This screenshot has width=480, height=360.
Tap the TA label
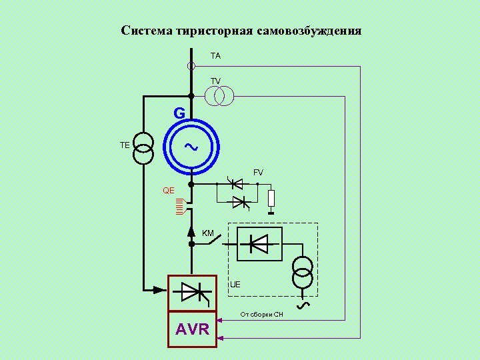click(215, 57)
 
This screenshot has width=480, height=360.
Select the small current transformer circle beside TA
click(191, 66)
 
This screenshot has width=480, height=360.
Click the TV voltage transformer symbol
click(219, 97)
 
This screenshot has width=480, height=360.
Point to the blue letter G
click(179, 114)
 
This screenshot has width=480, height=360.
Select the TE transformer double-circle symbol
click(143, 148)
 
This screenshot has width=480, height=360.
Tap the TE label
click(125, 145)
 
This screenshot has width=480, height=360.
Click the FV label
click(258, 173)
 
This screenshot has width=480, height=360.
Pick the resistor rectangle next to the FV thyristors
click(271, 198)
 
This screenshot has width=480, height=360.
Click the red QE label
click(169, 191)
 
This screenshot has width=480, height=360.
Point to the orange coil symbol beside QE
click(179, 207)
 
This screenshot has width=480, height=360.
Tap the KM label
click(208, 233)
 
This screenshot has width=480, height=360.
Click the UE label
click(235, 285)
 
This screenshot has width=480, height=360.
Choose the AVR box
click(192, 329)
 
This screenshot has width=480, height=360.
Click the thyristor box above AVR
click(192, 292)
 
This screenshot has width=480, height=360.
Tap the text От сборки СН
click(262, 313)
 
